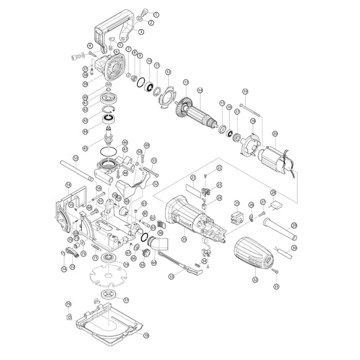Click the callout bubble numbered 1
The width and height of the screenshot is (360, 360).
coord(156,14)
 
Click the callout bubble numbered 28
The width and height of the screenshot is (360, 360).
coord(273,192)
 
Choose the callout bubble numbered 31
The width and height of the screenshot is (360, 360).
coord(277,286)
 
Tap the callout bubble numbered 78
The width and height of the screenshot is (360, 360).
coord(146,336)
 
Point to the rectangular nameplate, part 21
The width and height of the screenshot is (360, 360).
coord(194,188)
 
